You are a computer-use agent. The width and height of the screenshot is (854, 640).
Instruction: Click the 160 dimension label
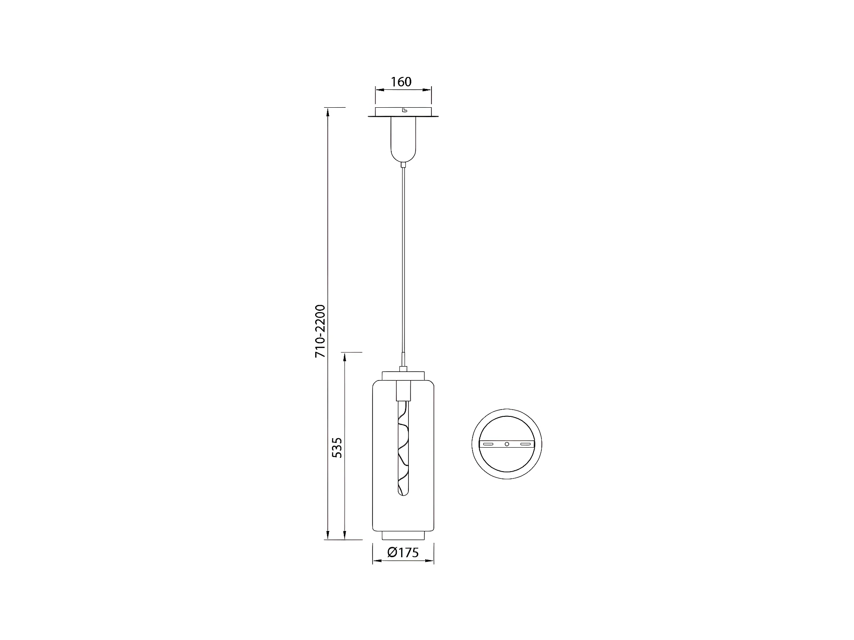[401, 82]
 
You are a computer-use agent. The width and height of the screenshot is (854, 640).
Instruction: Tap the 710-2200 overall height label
[320, 331]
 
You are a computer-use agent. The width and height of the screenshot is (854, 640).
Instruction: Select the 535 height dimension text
[337, 448]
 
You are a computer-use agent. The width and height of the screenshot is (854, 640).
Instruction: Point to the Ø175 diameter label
[403, 552]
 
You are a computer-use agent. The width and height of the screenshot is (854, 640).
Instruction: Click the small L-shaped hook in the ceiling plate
[404, 110]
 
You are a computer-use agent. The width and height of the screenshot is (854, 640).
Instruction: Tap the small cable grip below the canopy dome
[403, 165]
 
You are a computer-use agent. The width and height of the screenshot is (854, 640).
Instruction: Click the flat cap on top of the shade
[403, 375]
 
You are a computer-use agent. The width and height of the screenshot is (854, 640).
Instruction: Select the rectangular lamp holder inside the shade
[403, 389]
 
